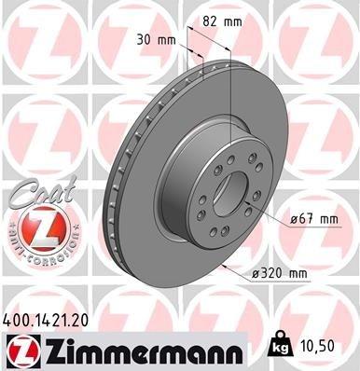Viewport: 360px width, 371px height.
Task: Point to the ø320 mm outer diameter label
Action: [279, 272]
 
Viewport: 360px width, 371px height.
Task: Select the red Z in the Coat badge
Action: [35, 225]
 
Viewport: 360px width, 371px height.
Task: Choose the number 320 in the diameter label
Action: [272, 272]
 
